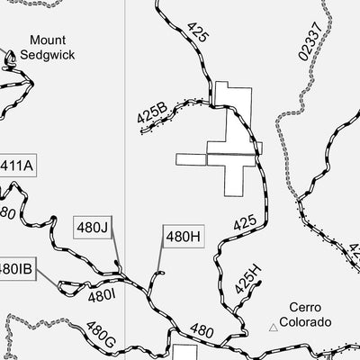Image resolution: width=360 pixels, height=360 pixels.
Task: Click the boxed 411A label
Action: [x=17, y=166]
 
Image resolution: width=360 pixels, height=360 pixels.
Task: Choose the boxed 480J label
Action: [x=92, y=226]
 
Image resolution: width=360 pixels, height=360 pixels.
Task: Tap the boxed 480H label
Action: [x=176, y=238]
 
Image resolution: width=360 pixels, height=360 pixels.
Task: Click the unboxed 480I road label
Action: [x=103, y=294]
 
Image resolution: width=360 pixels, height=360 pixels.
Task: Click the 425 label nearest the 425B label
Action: [x=198, y=33]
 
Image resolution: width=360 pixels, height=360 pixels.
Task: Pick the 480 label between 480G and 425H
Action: [x=202, y=332]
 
